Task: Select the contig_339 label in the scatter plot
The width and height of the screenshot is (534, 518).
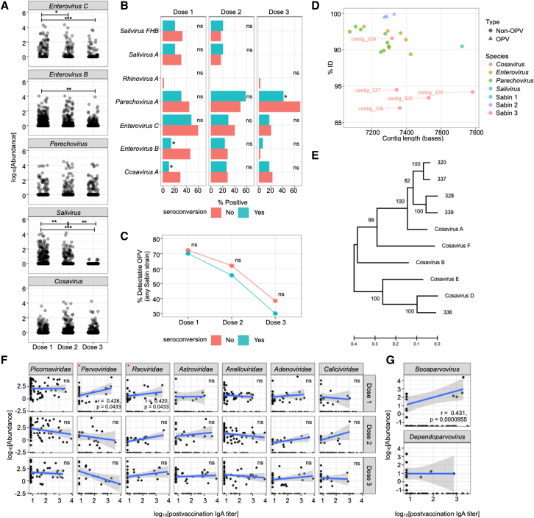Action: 364,39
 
